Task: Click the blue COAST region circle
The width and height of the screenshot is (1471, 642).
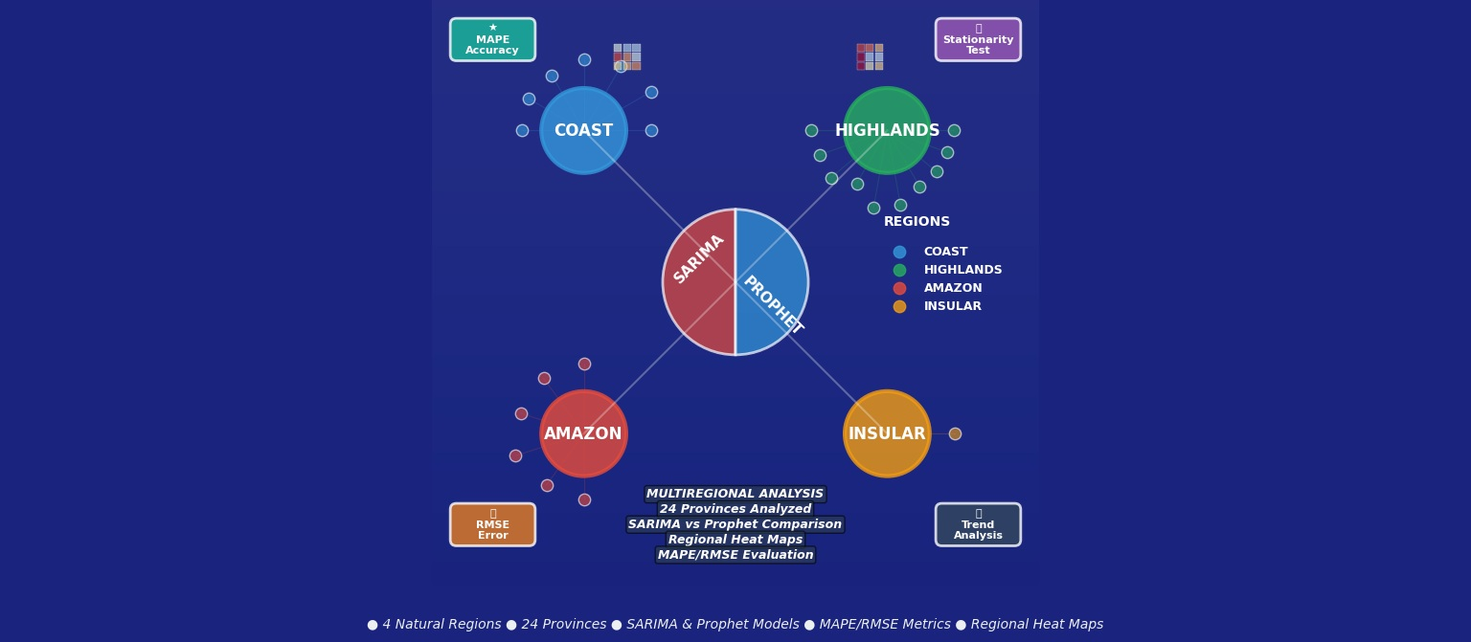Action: point(583,130)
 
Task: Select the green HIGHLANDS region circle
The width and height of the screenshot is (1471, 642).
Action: point(887,130)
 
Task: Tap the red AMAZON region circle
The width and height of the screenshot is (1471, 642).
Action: point(583,433)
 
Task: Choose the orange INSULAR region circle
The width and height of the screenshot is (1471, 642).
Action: point(887,433)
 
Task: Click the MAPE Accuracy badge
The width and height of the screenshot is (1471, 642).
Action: point(492,39)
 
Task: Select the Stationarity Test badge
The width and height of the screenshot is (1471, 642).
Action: point(978,39)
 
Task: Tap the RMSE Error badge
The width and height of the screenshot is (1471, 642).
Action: point(492,524)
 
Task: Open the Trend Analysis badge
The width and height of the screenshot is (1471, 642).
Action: point(978,524)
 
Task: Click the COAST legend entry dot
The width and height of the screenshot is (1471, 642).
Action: point(899,253)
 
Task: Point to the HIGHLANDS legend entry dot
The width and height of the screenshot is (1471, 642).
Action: point(899,271)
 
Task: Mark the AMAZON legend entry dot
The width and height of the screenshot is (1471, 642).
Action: point(899,289)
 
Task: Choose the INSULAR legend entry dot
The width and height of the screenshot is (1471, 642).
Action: point(899,307)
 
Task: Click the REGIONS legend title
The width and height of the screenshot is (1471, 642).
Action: point(917,222)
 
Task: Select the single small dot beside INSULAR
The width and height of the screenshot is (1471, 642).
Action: point(955,433)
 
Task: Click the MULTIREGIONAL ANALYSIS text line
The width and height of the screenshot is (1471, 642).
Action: point(735,495)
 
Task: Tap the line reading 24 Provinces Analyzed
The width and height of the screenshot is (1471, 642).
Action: point(735,509)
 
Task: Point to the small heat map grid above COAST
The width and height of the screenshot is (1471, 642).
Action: point(627,56)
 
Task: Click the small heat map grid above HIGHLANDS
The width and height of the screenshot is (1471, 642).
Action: point(870,56)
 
